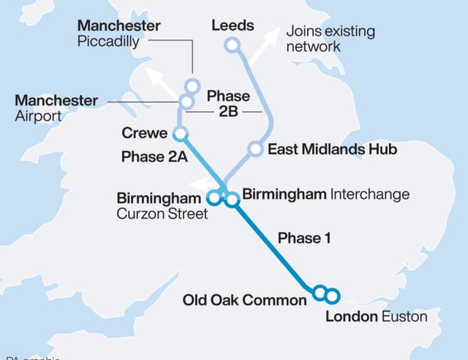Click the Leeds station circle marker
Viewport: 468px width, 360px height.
coord(233,46)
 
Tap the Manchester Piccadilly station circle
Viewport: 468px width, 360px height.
coord(193,85)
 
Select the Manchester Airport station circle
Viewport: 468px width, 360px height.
coord(186,101)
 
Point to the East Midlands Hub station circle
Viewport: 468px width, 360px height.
coord(255,149)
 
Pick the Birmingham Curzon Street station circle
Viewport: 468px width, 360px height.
coord(214,196)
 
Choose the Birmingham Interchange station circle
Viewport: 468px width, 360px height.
coord(232,198)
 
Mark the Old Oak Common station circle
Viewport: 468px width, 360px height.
coord(319,293)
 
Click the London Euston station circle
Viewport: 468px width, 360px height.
coord(332,296)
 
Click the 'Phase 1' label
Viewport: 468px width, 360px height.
coord(299,238)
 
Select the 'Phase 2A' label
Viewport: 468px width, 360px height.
coord(154,157)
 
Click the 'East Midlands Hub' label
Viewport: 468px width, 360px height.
coord(332,150)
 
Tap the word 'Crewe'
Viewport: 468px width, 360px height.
coord(146,134)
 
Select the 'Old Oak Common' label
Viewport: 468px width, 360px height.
coord(245,300)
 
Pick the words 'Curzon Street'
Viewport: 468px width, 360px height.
coord(162,214)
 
